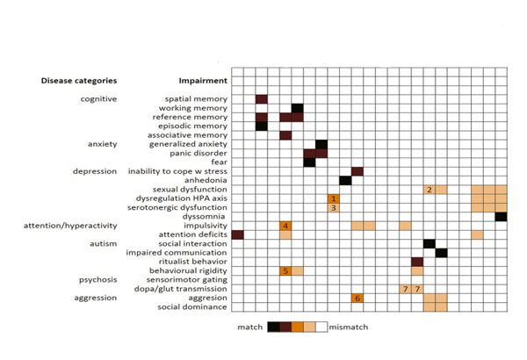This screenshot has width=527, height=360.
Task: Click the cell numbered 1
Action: (x=333, y=198)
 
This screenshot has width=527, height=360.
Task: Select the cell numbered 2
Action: (x=429, y=190)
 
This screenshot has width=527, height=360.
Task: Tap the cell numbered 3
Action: (x=333, y=208)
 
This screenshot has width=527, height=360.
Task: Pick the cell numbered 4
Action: (x=285, y=226)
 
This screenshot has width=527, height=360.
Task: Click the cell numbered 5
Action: (x=285, y=270)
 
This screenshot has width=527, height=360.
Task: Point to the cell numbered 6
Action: (x=357, y=298)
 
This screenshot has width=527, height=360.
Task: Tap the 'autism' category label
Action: (x=103, y=243)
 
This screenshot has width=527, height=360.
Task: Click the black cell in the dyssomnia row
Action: (x=501, y=216)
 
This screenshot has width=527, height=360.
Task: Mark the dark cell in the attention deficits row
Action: (x=237, y=234)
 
